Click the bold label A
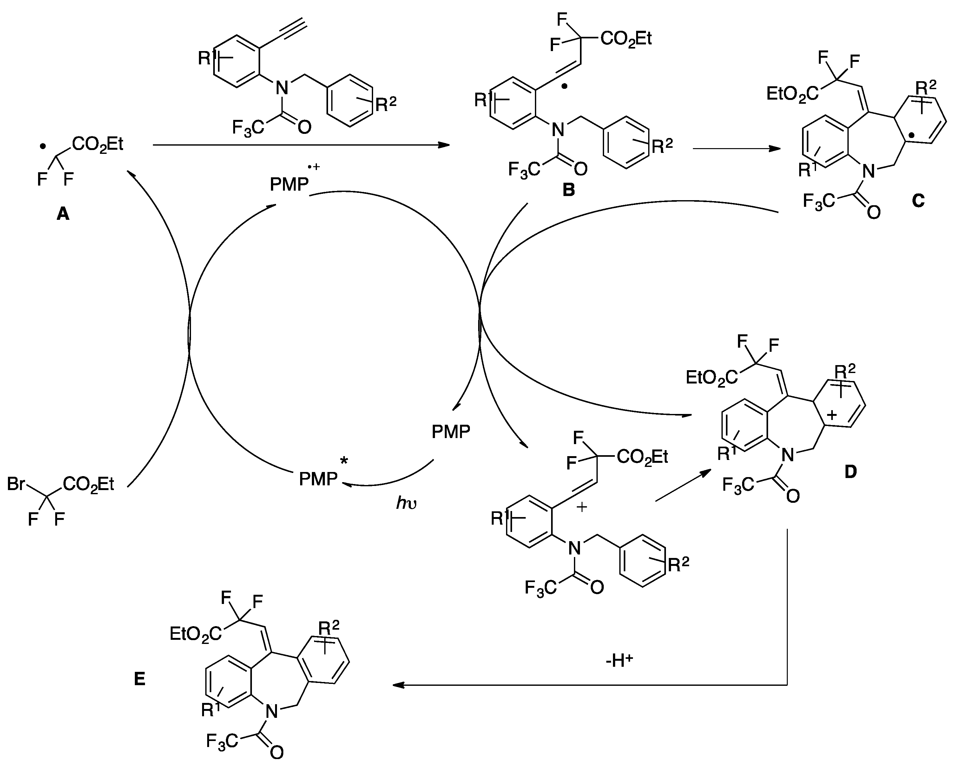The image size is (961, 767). point(63,215)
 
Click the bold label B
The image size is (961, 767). point(569,190)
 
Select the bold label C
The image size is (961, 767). point(918,201)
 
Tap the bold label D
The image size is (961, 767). point(851,471)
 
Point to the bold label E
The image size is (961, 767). point(140,679)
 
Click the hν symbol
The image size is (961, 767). point(406,503)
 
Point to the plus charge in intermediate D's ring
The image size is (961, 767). point(832,415)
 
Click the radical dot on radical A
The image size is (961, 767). point(42,146)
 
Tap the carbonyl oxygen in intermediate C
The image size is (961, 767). point(874,213)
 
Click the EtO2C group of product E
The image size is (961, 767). point(195,633)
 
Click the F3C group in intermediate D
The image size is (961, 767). point(738,484)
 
